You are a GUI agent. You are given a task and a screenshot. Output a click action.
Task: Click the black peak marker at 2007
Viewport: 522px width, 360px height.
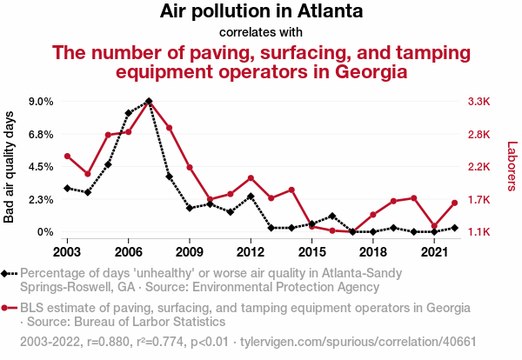point(149,102)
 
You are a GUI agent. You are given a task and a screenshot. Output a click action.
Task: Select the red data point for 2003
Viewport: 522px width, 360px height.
point(67,157)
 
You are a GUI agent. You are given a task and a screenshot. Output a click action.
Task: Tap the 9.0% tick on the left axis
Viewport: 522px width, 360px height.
point(40,102)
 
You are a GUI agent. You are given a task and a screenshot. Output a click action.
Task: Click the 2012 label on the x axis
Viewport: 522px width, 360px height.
point(251,252)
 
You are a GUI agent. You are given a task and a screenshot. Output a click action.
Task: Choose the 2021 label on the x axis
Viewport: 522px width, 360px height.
point(434,252)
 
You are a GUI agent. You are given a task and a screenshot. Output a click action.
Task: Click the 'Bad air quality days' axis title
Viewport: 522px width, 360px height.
point(10,167)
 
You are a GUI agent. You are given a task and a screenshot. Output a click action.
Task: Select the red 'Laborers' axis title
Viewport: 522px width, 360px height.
point(512,167)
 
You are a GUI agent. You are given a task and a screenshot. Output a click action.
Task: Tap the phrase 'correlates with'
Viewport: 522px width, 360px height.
point(261,33)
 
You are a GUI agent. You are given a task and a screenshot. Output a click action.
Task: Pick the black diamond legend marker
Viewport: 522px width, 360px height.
point(6,273)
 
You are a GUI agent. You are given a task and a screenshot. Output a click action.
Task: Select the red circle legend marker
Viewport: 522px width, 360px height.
point(6,308)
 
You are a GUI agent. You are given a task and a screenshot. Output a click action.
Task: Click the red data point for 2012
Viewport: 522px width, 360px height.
point(251,178)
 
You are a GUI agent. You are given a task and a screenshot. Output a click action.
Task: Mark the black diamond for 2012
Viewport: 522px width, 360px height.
point(251,197)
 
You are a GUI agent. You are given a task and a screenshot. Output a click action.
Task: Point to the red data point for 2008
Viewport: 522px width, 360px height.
point(169,129)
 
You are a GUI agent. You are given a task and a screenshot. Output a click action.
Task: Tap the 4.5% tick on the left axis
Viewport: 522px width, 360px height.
point(40,167)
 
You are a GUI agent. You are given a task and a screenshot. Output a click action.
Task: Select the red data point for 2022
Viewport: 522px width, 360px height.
point(455,203)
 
